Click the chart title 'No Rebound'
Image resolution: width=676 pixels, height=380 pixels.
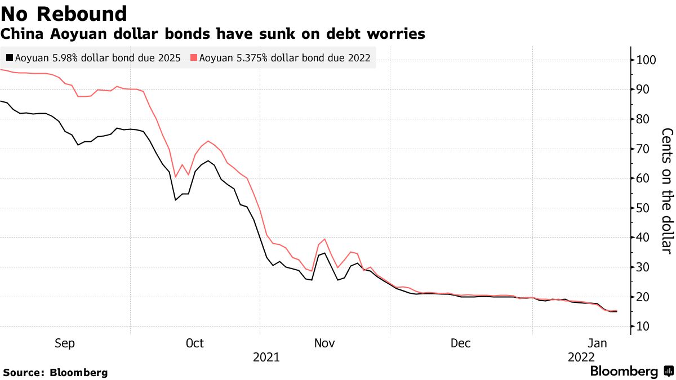(x=64, y=14)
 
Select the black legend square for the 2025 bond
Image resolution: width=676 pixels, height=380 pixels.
(x=9, y=57)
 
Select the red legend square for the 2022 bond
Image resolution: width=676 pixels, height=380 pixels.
(x=193, y=57)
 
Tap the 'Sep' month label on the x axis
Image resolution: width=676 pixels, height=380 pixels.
(x=65, y=343)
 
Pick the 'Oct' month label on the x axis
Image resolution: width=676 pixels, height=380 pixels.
(x=194, y=343)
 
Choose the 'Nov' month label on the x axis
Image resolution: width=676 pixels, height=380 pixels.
(x=324, y=343)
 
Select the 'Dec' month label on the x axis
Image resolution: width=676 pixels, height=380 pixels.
(x=460, y=343)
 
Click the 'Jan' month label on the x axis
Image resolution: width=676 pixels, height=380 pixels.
(x=597, y=343)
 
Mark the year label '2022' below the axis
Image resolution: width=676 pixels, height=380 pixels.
(x=581, y=357)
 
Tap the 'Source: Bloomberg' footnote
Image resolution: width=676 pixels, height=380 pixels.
(x=55, y=372)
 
